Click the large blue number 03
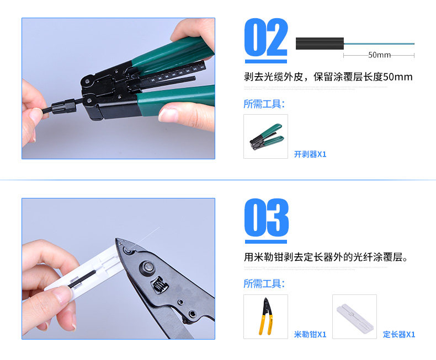coord(266,218)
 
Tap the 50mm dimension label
coord(379,55)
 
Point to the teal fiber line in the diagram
coord(381,44)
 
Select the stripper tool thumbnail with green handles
coord(265,137)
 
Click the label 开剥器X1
coord(310,154)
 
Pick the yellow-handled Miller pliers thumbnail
coord(265,316)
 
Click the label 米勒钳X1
coord(310,334)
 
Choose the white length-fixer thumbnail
coord(354,316)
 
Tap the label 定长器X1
coord(399,334)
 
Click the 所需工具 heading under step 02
coord(264,104)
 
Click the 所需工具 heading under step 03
coord(264,284)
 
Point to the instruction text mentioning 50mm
coord(328,77)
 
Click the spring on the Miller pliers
coord(158,286)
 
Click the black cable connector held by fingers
coord(61,105)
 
